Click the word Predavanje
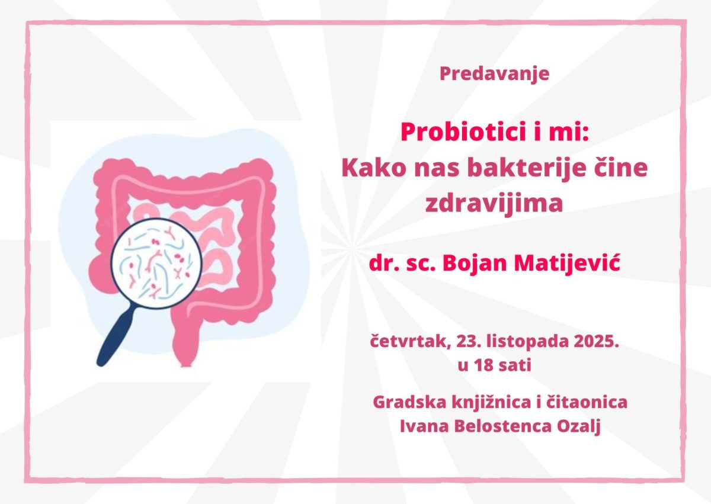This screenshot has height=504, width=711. point(494,74)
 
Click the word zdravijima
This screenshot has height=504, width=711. point(494,204)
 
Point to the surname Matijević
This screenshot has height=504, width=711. point(567,264)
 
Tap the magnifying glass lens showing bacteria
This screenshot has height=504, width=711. point(156,264)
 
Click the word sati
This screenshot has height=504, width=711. point(515,365)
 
